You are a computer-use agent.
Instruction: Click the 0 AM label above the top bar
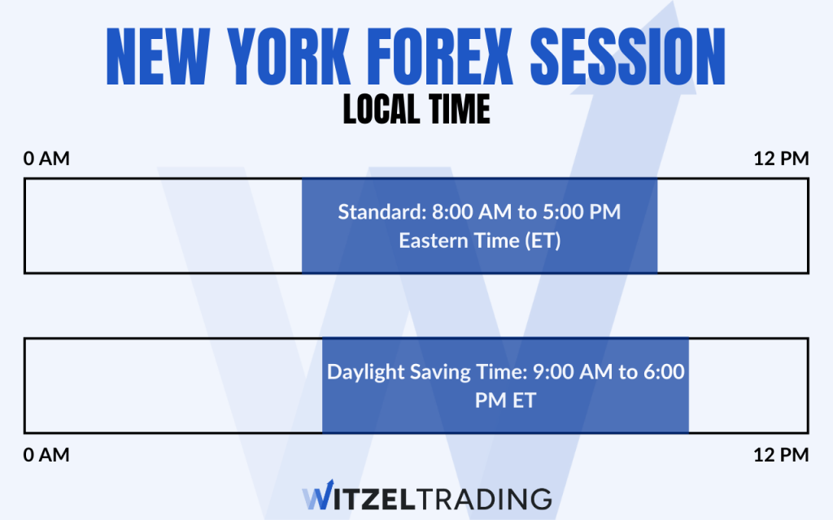(x=46, y=158)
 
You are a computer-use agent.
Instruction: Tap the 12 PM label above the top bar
(x=782, y=158)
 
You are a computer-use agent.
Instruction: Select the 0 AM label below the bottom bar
(x=46, y=455)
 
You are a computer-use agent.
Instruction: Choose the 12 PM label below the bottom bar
(x=782, y=455)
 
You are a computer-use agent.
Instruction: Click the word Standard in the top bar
(x=374, y=213)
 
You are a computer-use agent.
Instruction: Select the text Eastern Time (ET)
(x=479, y=241)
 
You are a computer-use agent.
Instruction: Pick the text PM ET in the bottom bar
(x=505, y=401)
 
